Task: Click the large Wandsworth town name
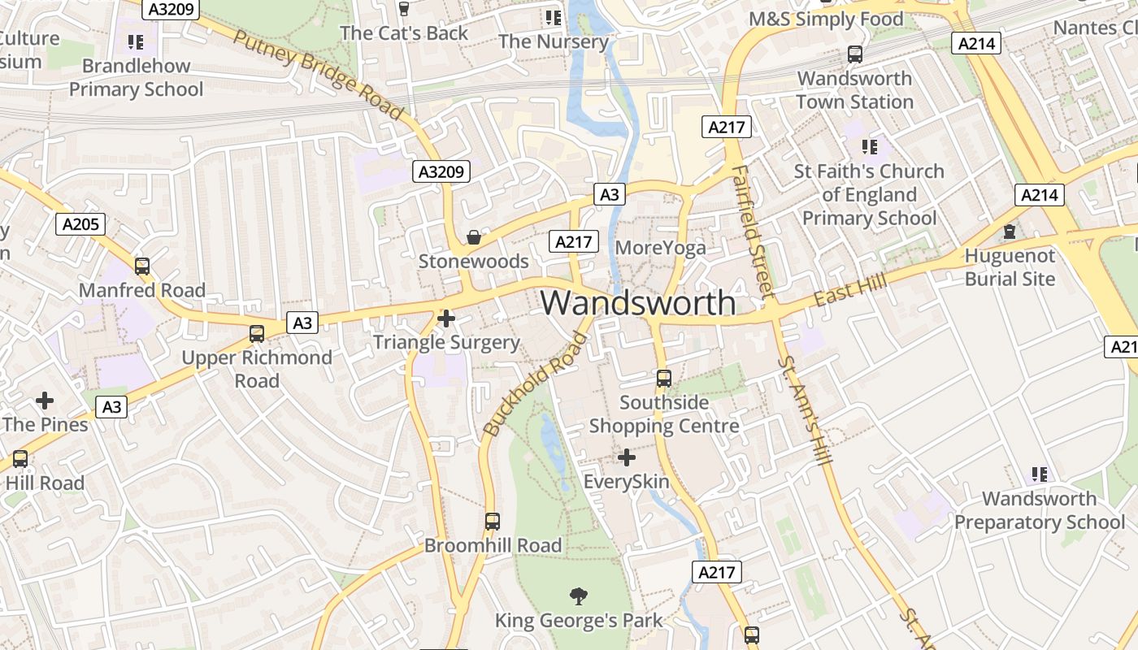click(x=638, y=303)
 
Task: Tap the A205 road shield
click(x=80, y=224)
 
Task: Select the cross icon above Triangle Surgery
click(x=446, y=318)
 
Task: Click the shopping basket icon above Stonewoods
click(x=473, y=237)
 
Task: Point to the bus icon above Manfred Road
click(x=142, y=266)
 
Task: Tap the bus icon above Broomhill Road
click(x=493, y=521)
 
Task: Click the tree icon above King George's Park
click(x=579, y=596)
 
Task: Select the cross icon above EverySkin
click(x=626, y=457)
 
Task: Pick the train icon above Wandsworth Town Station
click(x=854, y=54)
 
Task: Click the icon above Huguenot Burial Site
click(x=1010, y=232)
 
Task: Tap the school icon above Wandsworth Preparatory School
click(x=1039, y=474)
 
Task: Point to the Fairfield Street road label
click(x=751, y=231)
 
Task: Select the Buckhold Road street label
click(x=533, y=384)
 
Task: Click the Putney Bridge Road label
click(x=319, y=74)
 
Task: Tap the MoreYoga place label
click(x=661, y=248)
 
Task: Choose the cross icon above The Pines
click(x=45, y=401)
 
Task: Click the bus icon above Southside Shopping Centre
click(x=664, y=379)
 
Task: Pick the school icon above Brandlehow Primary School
click(x=136, y=41)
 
